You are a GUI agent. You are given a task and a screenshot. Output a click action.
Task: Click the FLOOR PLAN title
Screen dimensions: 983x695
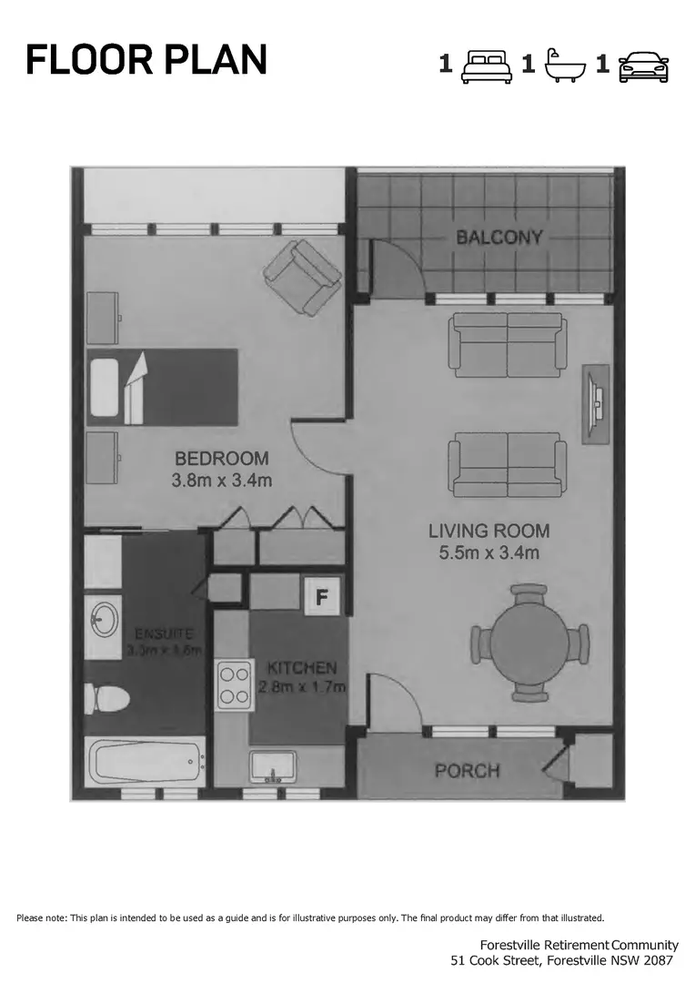point(146,60)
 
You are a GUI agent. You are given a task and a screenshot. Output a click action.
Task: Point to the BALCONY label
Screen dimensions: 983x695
point(499,238)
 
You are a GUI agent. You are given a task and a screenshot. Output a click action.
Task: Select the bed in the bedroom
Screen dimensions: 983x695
point(162,387)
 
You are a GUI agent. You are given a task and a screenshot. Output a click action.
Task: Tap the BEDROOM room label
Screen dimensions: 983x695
point(222,458)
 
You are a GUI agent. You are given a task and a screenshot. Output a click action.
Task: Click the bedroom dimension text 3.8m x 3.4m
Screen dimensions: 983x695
point(222,481)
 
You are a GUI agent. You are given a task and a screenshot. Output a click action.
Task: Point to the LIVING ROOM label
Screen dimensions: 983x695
point(489,531)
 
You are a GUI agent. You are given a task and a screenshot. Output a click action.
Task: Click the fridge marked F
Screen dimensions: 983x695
point(321,597)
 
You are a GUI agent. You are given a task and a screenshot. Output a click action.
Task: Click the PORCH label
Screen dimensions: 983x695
point(467,771)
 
